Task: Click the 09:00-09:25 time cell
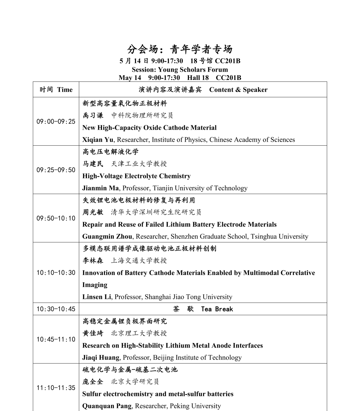pos(56,121)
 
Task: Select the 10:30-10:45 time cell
pos(56,309)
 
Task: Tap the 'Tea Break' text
pos(217,309)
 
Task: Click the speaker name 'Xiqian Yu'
pos(98,140)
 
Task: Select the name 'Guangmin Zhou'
pos(107,236)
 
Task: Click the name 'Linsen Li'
pos(97,297)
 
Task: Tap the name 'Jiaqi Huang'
pos(101,357)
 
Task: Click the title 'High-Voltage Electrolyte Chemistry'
pos(136,176)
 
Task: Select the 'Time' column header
pos(65,89)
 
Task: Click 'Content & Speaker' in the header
pos(238,89)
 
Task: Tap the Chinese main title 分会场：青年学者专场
pos(180,49)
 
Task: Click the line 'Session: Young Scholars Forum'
pos(180,70)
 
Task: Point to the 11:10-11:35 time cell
pos(56,388)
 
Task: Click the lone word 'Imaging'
pos(95,285)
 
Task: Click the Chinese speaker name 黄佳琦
pos(93,333)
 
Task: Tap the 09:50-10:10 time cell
pos(56,218)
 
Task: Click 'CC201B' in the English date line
pos(228,78)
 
